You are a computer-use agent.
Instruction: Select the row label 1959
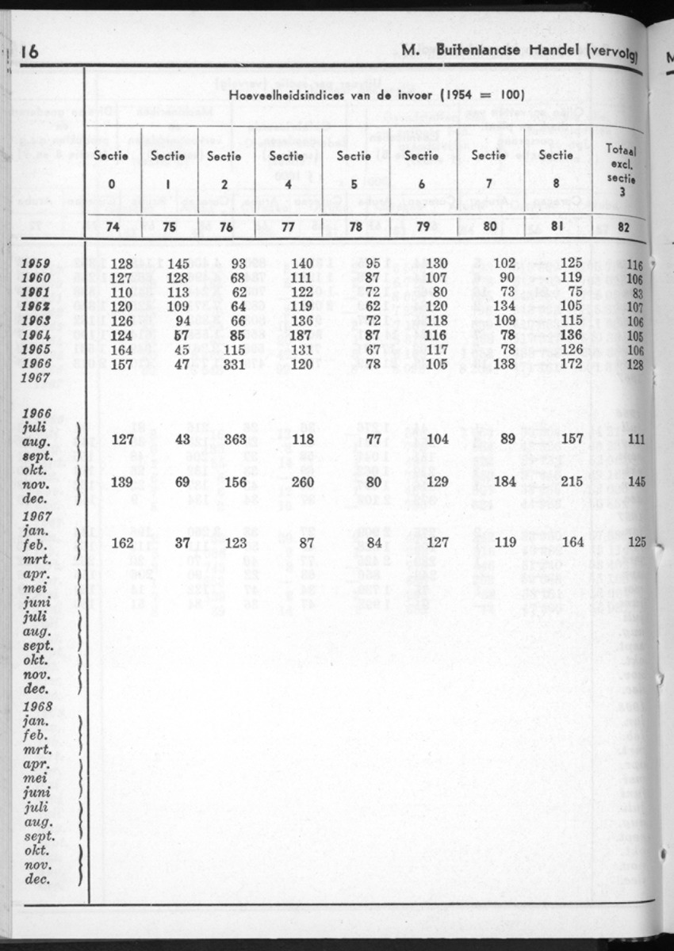tap(36, 264)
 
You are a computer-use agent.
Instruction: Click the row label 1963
tap(36, 321)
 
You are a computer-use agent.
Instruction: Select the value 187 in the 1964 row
tap(287, 335)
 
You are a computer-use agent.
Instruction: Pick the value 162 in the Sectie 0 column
tap(121, 544)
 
